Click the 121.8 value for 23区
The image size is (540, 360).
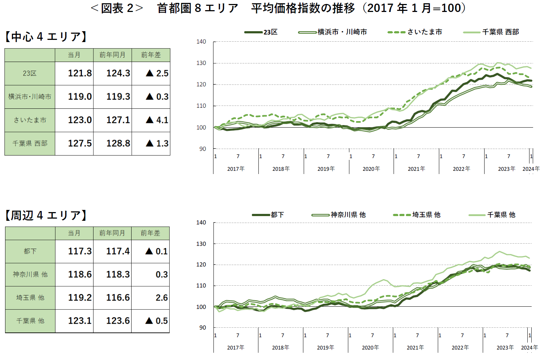80,73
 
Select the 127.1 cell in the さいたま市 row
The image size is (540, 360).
118,120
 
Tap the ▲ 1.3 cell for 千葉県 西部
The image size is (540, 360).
157,144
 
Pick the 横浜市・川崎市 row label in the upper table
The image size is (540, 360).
30,97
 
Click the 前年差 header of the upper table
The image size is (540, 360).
151,55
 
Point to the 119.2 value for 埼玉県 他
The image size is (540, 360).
80,298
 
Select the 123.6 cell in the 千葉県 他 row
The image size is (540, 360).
117,321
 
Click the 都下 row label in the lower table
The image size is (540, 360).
30,251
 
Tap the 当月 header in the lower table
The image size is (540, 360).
74,233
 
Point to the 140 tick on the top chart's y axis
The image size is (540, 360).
201,42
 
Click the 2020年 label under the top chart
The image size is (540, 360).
371,169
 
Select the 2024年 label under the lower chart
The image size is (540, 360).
529,348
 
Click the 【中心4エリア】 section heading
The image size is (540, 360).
46,37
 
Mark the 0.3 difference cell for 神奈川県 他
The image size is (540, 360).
161,274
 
